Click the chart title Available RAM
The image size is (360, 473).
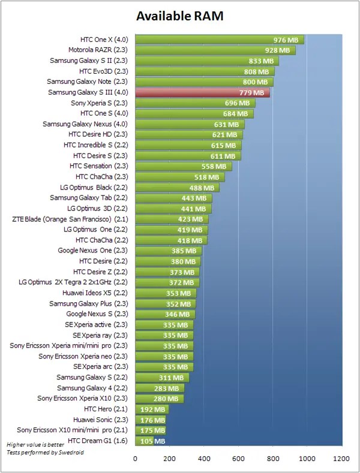coord(179,16)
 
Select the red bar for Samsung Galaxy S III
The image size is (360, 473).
coord(202,92)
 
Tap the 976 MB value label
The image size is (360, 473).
coord(286,40)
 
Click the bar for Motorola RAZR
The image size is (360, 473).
coord(215,50)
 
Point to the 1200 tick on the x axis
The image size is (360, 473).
coord(342,459)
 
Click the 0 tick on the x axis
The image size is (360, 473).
coord(135,459)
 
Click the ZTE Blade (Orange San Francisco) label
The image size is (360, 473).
coord(69,219)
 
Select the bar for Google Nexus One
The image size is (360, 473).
coord(168,251)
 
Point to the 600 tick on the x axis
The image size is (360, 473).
coord(239,459)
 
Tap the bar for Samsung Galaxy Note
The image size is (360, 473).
coord(204,82)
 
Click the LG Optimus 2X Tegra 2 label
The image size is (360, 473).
coord(73,282)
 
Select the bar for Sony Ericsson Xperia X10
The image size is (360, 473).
coord(159,398)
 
